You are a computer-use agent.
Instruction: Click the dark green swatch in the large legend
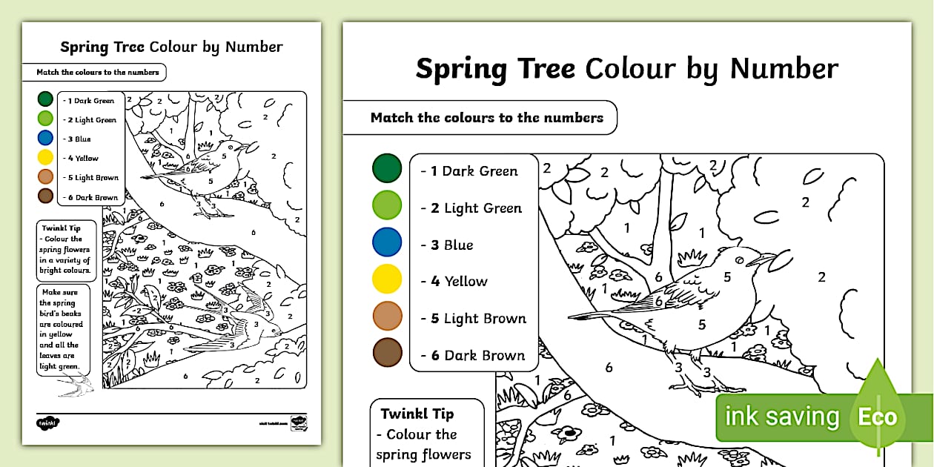point(387,168)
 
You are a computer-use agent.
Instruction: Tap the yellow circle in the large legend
point(387,279)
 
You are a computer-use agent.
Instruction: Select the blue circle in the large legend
point(387,242)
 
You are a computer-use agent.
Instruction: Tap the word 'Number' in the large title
point(784,69)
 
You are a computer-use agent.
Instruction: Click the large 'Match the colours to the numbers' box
point(486,118)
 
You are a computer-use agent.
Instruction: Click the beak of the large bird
point(763,258)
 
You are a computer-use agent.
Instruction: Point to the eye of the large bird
point(738,259)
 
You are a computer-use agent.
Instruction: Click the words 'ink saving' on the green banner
point(781,417)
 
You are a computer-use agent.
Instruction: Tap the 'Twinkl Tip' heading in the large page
point(417,414)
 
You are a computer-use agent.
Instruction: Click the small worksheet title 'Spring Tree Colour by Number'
point(171,47)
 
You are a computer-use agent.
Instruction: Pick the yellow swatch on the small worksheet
point(45,157)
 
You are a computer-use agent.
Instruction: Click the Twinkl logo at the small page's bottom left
point(47,423)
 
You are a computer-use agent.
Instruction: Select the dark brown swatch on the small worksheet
point(45,196)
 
